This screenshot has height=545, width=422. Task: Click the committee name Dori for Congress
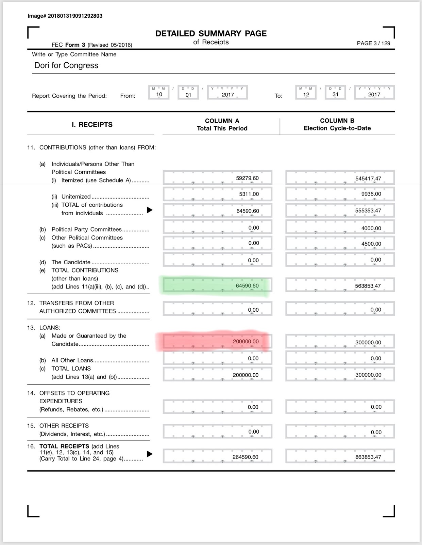[x=66, y=65]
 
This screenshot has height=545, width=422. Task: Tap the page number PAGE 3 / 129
[x=373, y=43]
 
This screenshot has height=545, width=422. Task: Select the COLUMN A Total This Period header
[x=222, y=125]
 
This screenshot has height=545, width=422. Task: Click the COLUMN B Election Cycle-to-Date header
[x=337, y=124]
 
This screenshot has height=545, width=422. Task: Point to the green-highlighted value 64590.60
[x=247, y=286]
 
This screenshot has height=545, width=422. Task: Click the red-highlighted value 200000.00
[x=246, y=341]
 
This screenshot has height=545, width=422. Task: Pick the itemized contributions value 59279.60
[x=247, y=178]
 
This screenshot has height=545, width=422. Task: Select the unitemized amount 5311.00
[x=249, y=194]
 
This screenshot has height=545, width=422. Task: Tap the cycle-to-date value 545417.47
[x=368, y=178]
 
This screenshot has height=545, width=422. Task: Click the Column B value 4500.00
[x=371, y=244]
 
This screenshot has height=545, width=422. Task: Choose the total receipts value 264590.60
[x=245, y=457]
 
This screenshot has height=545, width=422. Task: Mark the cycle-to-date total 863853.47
[x=368, y=457]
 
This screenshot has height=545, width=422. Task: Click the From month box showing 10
[x=159, y=94]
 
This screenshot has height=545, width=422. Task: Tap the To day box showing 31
[x=335, y=94]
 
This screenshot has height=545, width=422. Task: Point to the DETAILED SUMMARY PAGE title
[x=211, y=33]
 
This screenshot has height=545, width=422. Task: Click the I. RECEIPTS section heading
[x=92, y=125]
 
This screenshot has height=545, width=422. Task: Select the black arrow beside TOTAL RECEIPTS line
[x=150, y=454]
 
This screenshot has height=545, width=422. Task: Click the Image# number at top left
[x=65, y=16]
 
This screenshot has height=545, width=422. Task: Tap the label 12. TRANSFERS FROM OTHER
[x=77, y=303]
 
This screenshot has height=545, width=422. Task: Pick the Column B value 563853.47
[x=368, y=286]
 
